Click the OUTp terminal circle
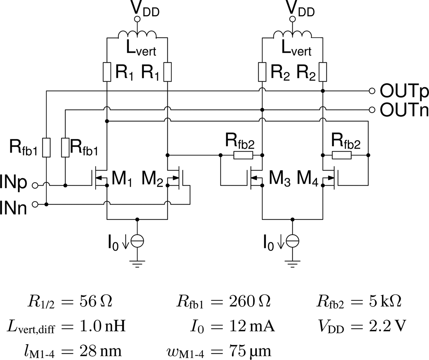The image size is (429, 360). [x=372, y=91]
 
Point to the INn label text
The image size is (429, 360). [x=13, y=208]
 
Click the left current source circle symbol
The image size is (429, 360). [x=137, y=242]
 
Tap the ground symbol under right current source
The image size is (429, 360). [x=293, y=264]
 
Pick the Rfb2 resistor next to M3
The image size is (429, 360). [x=243, y=155]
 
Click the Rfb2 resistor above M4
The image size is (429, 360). [x=342, y=155]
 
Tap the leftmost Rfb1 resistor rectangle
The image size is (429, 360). [x=46, y=148]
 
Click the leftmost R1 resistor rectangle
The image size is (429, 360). [x=107, y=72]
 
